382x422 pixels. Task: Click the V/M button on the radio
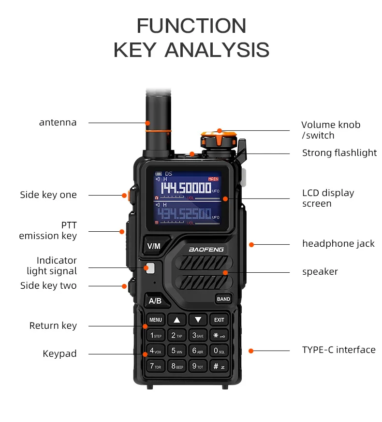(153, 246)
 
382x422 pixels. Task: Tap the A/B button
(155, 301)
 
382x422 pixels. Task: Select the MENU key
(156, 320)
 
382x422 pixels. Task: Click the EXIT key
(219, 320)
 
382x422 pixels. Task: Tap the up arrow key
(177, 320)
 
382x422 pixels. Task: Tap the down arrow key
(198, 320)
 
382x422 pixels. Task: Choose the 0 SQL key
(219, 351)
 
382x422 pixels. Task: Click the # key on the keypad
(219, 366)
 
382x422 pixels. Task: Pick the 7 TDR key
(155, 366)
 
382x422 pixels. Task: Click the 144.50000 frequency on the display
(186, 188)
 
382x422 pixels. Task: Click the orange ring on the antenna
(158, 130)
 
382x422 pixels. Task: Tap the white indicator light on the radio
(150, 267)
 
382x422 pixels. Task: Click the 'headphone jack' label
(338, 244)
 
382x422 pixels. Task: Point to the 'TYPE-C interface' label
(338, 350)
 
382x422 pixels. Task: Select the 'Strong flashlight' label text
(339, 153)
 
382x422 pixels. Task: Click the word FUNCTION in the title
(191, 26)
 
